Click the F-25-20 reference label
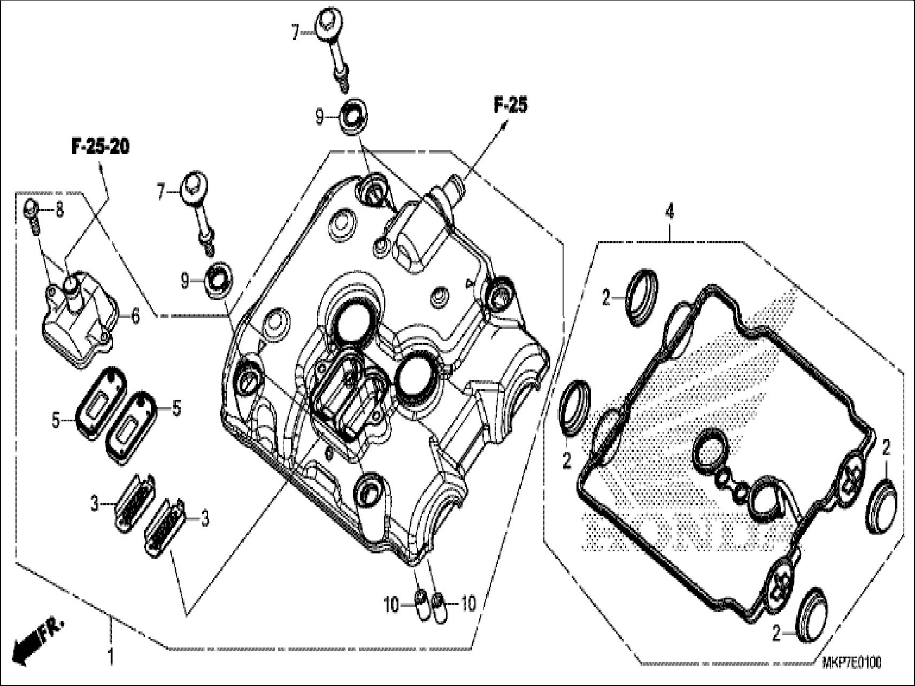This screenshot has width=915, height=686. tap(101, 147)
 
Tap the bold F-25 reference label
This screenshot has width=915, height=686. tap(509, 105)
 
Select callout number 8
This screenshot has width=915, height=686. tap(59, 211)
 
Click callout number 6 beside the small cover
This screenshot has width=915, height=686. tap(135, 317)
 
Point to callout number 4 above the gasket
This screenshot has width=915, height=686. tap(669, 212)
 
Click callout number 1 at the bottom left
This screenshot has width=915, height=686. tap(111, 657)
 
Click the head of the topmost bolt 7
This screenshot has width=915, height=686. tap(327, 24)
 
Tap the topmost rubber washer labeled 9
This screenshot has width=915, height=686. tap(352, 114)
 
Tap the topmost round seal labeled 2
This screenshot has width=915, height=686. tap(641, 297)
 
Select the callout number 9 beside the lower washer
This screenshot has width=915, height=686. tap(184, 281)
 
